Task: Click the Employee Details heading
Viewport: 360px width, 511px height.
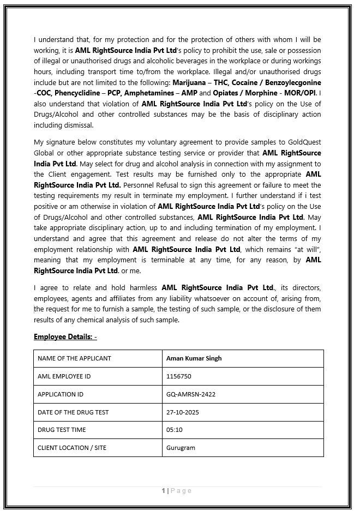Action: pyautogui.click(x=65, y=336)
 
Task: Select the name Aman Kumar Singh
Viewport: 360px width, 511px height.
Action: pyautogui.click(x=194, y=358)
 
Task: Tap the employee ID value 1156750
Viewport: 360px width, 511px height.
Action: pyautogui.click(x=178, y=376)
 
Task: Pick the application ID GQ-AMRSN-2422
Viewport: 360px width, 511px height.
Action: pyautogui.click(x=190, y=394)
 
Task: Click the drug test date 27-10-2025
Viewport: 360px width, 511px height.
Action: pyautogui.click(x=183, y=412)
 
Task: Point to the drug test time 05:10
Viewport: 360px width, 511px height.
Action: pyautogui.click(x=174, y=430)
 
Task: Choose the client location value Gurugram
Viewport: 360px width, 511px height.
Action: pyautogui.click(x=181, y=448)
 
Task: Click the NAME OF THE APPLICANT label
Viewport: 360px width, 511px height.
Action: pyautogui.click(x=74, y=358)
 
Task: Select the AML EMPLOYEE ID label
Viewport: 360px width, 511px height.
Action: pyautogui.click(x=64, y=376)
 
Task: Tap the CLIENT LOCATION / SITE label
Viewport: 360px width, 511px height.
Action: pyautogui.click(x=72, y=448)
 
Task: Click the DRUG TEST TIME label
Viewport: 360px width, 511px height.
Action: pyautogui.click(x=62, y=430)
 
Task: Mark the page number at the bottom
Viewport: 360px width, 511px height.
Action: pyautogui.click(x=163, y=491)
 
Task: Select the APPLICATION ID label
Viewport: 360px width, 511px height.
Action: pyautogui.click(x=60, y=394)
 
